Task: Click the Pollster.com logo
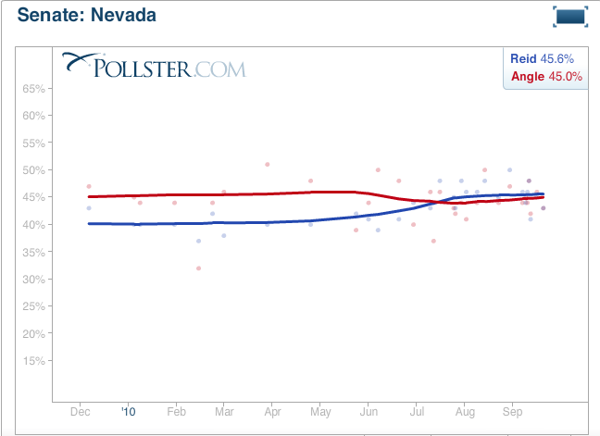[153, 66]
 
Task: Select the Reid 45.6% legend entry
[546, 59]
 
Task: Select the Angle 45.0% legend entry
[546, 77]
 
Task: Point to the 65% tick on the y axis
[34, 89]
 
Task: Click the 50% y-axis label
[34, 170]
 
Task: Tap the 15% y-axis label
[34, 361]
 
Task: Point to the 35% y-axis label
[34, 252]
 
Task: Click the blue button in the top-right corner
[571, 16]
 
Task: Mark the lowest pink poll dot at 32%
[198, 268]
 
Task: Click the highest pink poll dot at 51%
[268, 165]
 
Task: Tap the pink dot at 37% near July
[433, 242]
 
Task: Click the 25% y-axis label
[34, 306]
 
